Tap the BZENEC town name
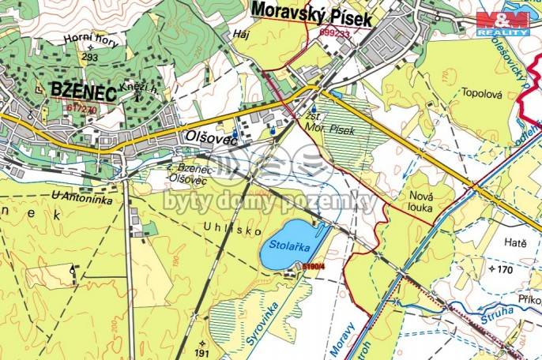point(83,90)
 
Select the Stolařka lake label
point(288,246)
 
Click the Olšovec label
point(211,137)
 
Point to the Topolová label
point(482,91)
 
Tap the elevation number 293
point(89,58)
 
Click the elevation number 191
point(203,354)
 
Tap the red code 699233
point(336,33)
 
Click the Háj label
point(241,34)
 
